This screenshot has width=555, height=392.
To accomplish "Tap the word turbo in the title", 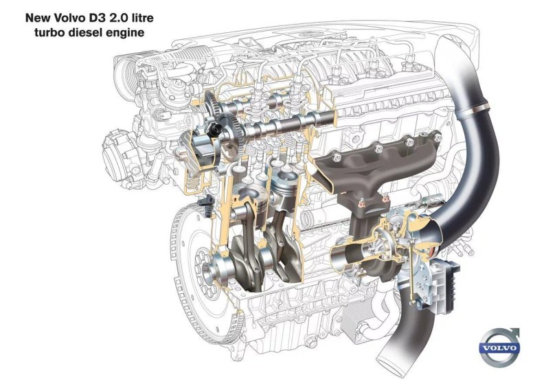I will [44, 32].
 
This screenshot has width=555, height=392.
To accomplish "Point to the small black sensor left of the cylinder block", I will [203, 204].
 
